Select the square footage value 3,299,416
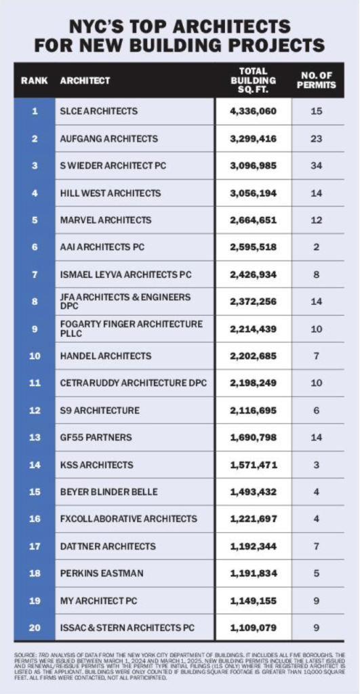click(x=254, y=138)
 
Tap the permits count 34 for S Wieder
click(x=316, y=165)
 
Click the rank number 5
click(x=35, y=220)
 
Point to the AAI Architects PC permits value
click(x=316, y=247)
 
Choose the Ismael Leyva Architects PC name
click(x=125, y=274)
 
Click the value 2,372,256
click(x=254, y=302)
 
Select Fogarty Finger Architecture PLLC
click(x=131, y=329)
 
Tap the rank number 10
click(x=35, y=356)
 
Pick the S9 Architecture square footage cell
click(x=254, y=410)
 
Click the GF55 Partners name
click(x=96, y=437)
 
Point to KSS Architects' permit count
click(x=316, y=465)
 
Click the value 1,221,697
click(x=254, y=518)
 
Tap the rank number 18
click(x=35, y=573)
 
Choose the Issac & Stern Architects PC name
click(x=127, y=628)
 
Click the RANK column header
click(x=35, y=81)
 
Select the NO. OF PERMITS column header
click(x=316, y=81)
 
